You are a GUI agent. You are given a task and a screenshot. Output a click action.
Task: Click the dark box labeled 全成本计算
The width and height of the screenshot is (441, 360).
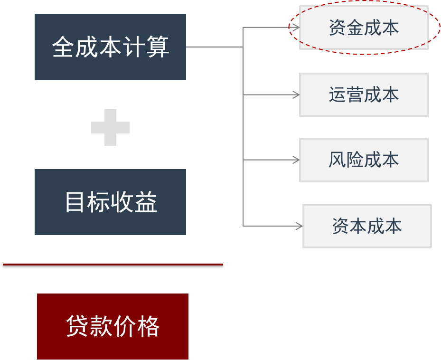coord(110,47)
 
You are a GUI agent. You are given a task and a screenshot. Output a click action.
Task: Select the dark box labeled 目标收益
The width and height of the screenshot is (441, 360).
coord(110,202)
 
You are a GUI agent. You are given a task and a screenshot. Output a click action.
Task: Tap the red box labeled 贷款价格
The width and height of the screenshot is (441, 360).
coord(113,326)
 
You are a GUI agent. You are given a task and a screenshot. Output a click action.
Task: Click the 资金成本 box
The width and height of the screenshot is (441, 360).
coord(364,28)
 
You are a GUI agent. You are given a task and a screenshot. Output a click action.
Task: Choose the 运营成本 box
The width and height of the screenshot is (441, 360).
coord(364,95)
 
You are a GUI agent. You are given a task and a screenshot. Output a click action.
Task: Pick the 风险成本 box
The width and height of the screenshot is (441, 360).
coord(364,160)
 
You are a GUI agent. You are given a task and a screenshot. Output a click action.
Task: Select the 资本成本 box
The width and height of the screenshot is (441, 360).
coord(367,226)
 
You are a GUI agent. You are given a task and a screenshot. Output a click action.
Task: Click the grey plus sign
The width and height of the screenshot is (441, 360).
coord(110,127)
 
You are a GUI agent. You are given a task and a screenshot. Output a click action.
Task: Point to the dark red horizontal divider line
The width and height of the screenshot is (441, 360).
coord(113,265)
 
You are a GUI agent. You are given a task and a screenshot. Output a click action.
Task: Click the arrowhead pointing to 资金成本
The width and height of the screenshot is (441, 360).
coord(296,28)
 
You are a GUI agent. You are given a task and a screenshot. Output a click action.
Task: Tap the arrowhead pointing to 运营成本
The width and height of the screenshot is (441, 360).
coord(296,95)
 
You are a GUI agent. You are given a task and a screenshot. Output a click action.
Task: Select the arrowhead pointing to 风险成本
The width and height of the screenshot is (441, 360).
coord(296,160)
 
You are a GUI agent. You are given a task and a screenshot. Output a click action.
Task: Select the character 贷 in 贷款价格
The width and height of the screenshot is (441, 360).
coord(77,326)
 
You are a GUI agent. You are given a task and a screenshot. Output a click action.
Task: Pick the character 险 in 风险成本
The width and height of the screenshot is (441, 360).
coord(355,160)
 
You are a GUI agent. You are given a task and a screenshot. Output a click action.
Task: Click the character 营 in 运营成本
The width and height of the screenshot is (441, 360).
coord(355,95)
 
